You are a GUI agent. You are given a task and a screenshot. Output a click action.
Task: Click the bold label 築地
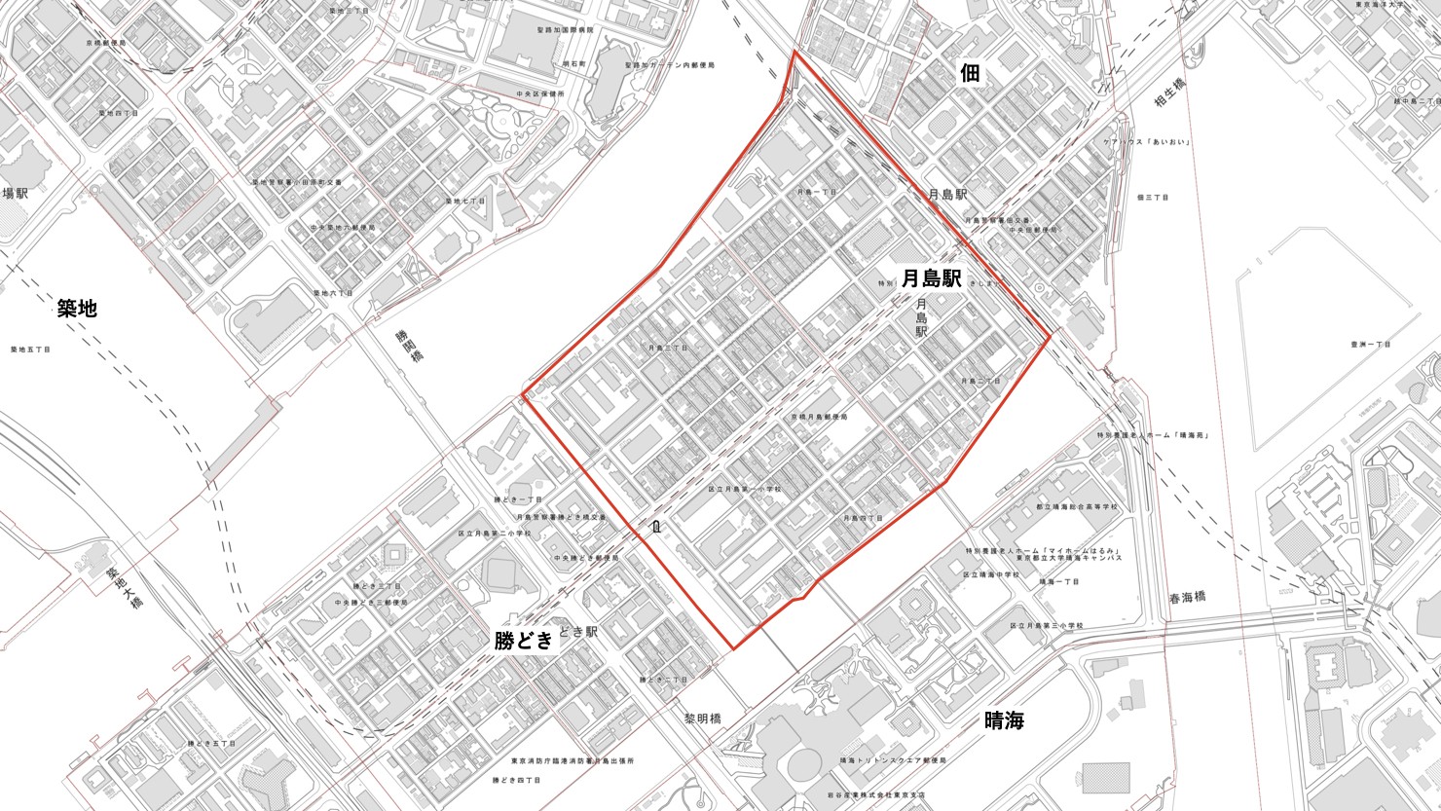tap(76, 309)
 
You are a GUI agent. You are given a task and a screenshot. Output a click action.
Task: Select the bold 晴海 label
tap(1004, 720)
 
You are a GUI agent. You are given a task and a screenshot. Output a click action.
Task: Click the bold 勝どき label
tap(524, 640)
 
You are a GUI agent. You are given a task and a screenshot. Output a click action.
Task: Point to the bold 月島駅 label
tap(932, 278)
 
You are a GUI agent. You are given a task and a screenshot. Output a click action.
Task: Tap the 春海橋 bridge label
tap(1188, 596)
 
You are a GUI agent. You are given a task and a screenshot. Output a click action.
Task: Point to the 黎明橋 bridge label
tap(702, 719)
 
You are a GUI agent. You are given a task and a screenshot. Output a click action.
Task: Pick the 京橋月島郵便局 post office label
tap(818, 417)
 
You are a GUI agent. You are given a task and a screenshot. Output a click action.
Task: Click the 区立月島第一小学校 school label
tap(744, 489)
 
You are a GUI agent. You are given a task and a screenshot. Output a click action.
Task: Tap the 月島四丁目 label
tap(863, 518)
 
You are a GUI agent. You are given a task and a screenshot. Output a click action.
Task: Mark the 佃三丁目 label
tap(1152, 197)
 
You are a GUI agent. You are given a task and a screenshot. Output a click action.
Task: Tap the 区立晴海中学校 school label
tap(991, 574)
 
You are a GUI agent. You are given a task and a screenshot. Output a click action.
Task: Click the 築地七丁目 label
tap(465, 201)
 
